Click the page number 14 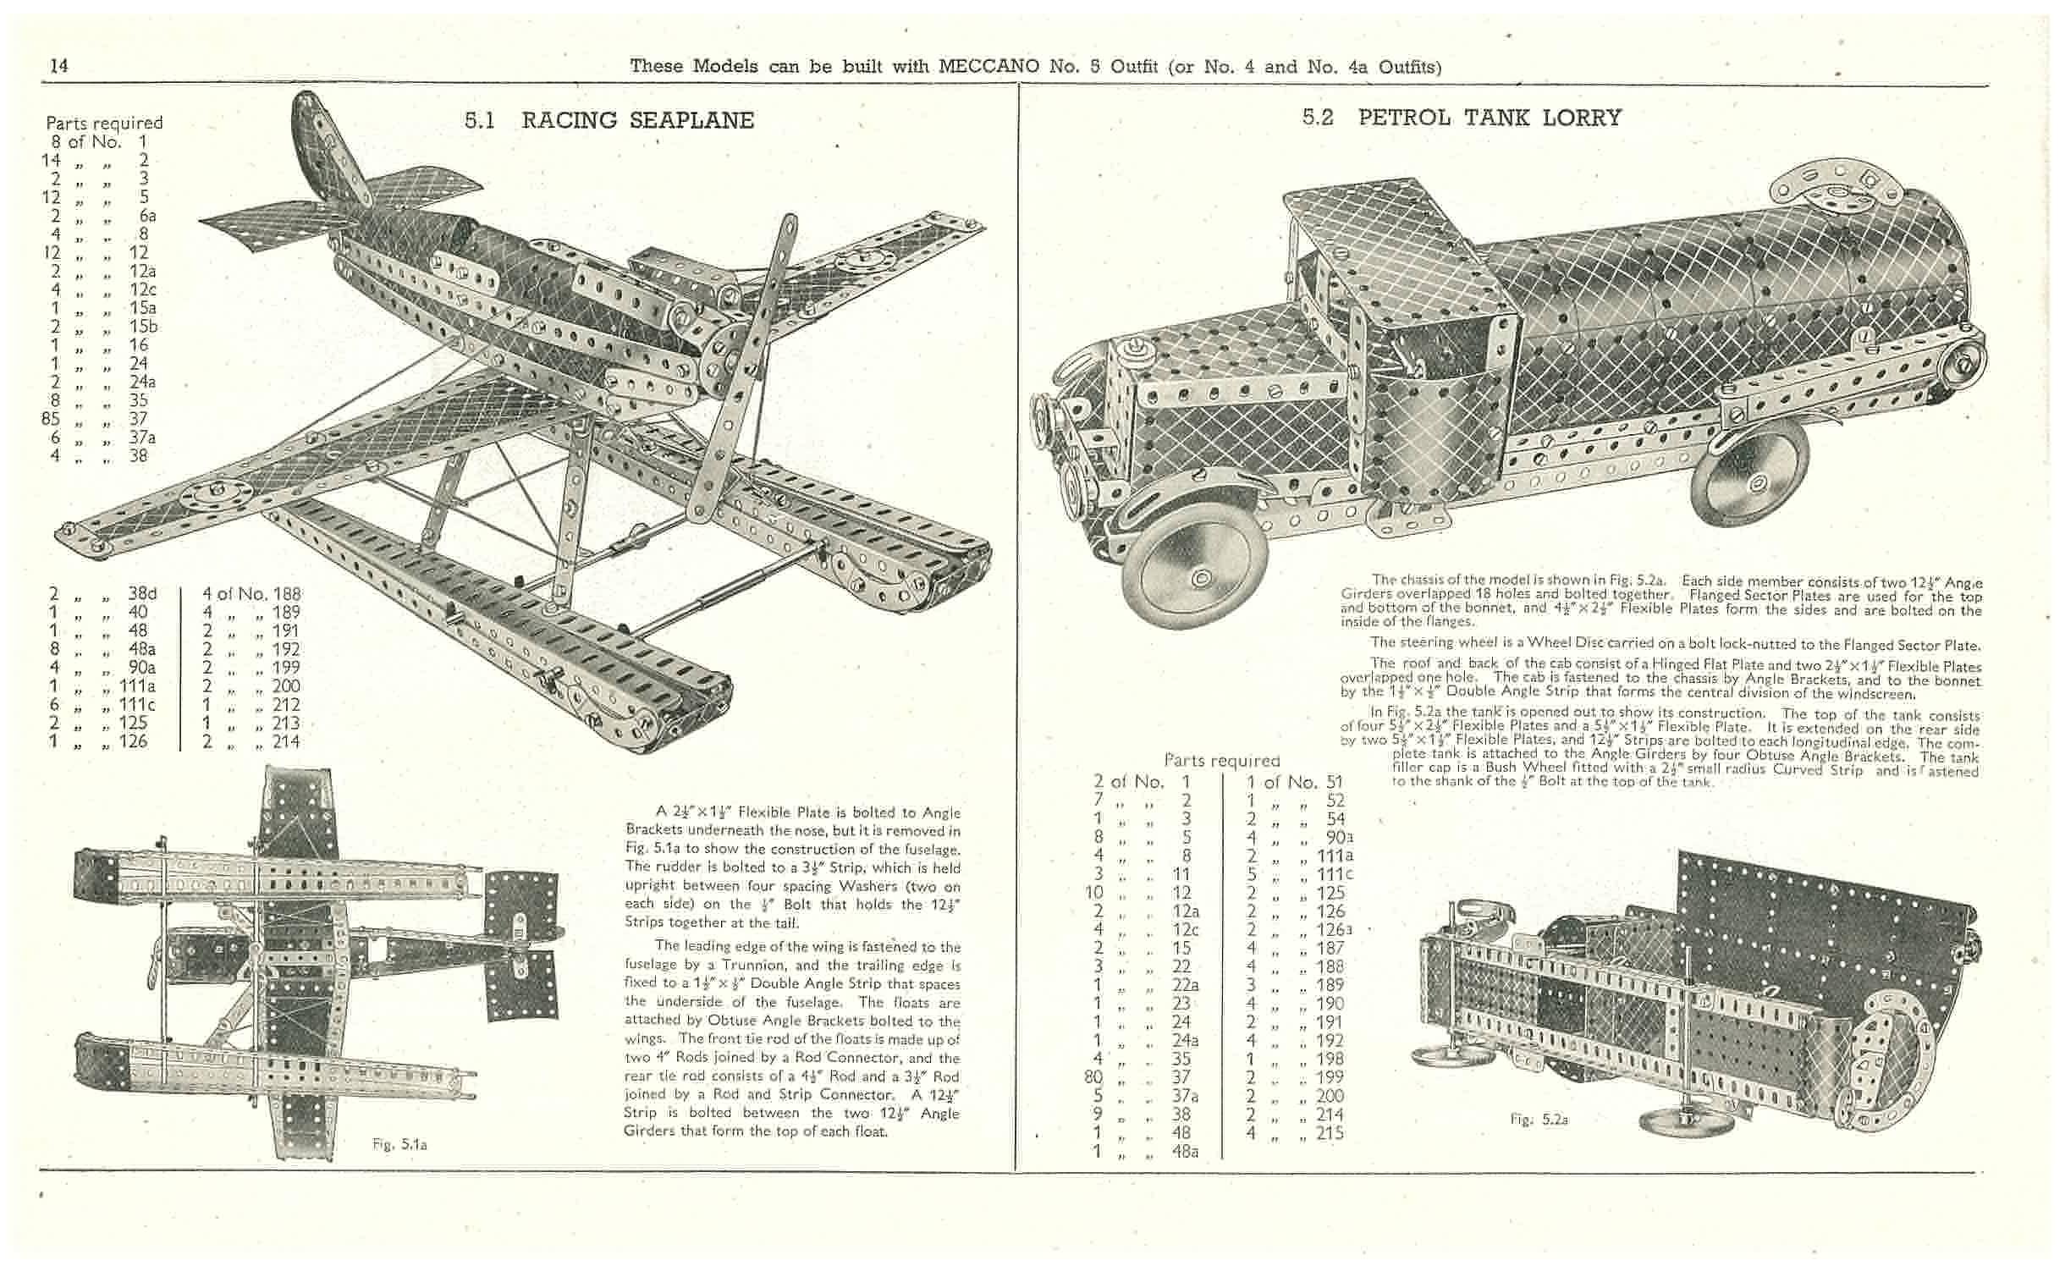point(59,66)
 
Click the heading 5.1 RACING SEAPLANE point(608,120)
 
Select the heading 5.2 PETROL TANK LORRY point(1462,118)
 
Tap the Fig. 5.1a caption point(399,1144)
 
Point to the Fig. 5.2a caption point(1539,1119)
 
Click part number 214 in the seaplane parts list point(286,742)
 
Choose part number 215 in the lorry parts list point(1330,1133)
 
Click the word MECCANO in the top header point(988,66)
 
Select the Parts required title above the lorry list point(1221,761)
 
